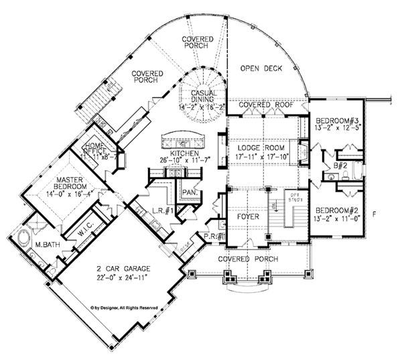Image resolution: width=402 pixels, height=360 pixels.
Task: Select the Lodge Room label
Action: click(262, 147)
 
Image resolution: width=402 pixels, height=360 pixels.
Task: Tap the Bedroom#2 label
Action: click(337, 209)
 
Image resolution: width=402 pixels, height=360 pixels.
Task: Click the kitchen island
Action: click(182, 143)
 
